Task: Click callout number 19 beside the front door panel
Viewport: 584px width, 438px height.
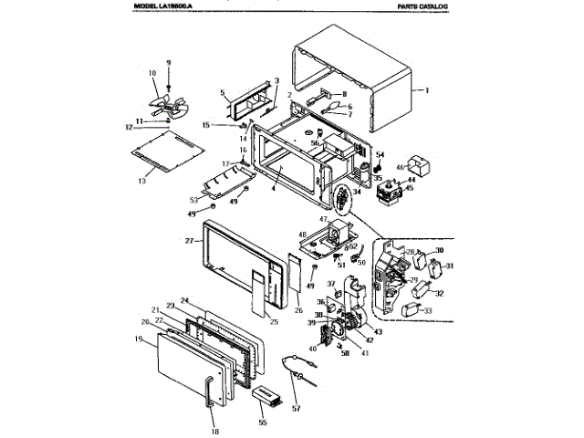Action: click(137, 339)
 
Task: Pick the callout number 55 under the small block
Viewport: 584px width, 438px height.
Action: click(263, 424)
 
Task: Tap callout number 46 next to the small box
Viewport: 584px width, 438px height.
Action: click(399, 167)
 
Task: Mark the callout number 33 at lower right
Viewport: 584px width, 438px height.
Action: click(427, 311)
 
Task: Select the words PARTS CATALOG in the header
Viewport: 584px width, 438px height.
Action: click(425, 6)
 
